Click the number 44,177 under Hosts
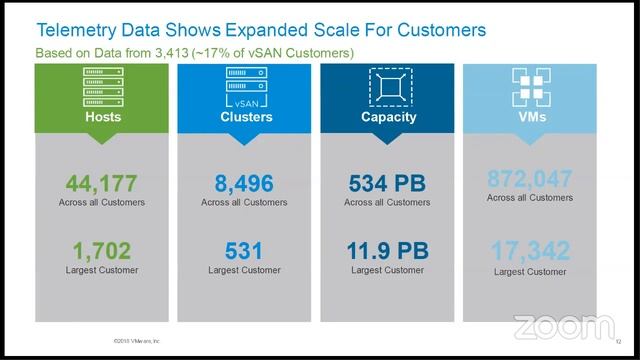click(x=101, y=183)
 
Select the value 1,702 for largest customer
click(x=101, y=251)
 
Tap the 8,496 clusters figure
click(x=244, y=183)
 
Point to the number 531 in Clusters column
click(x=244, y=251)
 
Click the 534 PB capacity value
click(x=387, y=183)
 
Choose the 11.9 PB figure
click(x=387, y=251)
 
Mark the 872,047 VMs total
click(x=530, y=180)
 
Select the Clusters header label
click(x=244, y=117)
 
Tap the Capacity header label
click(x=387, y=117)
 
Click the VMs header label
click(x=530, y=117)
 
